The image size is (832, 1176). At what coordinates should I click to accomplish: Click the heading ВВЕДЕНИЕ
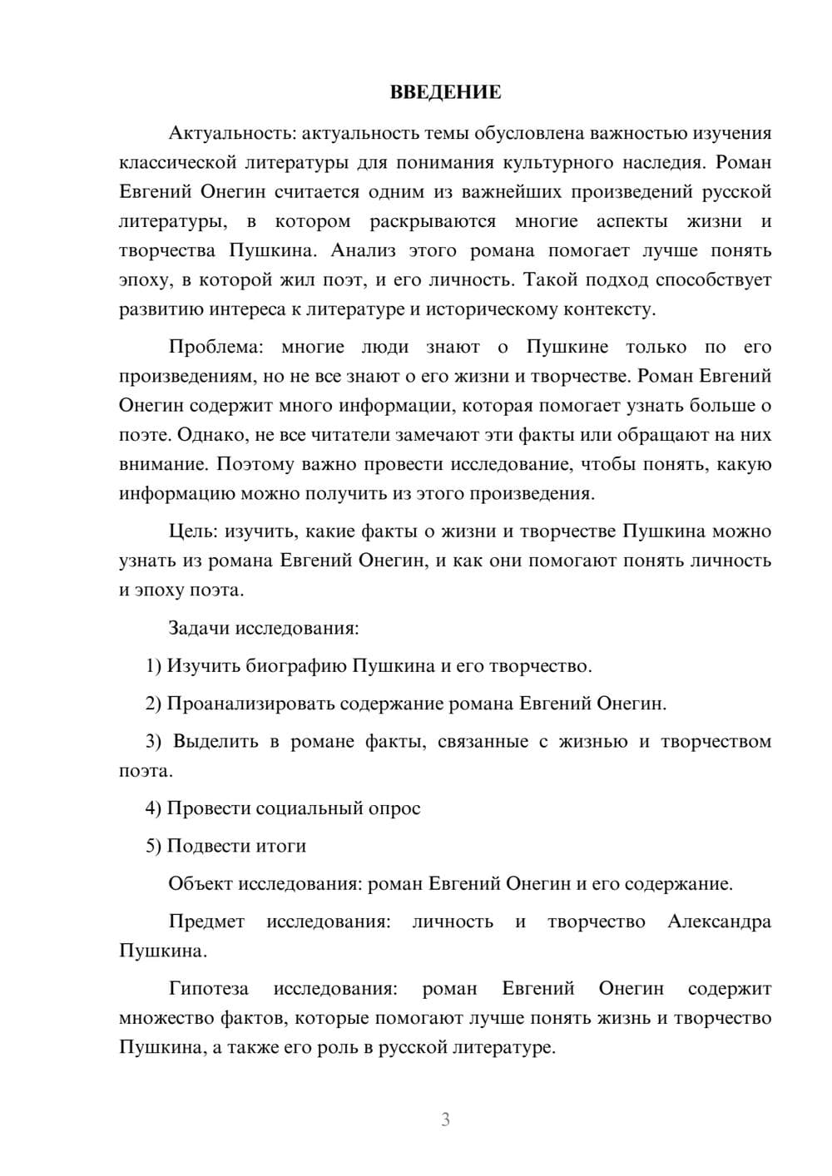(445, 92)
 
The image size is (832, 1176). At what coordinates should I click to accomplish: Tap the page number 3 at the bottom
(445, 1119)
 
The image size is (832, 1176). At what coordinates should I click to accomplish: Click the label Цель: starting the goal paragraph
(193, 531)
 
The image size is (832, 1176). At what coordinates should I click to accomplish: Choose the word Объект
(201, 883)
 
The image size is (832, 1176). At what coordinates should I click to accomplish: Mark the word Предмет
(206, 922)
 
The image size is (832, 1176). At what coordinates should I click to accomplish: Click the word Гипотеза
(208, 989)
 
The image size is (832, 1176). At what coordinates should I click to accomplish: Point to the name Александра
(719, 922)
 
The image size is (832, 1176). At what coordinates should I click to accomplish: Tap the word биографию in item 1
(298, 665)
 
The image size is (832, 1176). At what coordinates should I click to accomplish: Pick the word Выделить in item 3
(215, 741)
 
